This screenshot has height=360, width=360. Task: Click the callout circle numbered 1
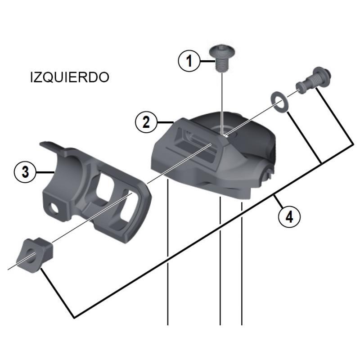coord(189,60)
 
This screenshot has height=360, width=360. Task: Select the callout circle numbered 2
coord(146,122)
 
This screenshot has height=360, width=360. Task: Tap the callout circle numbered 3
coord(25,171)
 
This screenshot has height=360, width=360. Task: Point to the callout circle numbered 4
coord(289,217)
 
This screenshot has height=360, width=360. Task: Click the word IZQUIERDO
coord(69,77)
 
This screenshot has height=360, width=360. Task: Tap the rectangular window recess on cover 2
coord(198,144)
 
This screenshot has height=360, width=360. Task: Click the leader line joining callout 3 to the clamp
coord(45,171)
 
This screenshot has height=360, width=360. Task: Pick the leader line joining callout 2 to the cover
coord(166,122)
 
